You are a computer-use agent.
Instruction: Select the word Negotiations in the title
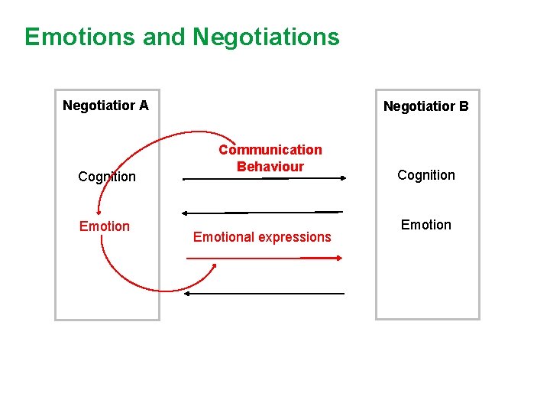click(266, 37)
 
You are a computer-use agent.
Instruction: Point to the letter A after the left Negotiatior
click(144, 106)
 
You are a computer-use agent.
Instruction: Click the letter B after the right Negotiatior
click(464, 106)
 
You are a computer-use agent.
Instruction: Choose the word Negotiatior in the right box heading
click(419, 106)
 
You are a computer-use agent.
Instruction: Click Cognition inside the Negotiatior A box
click(107, 177)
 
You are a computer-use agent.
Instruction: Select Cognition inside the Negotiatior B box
click(426, 175)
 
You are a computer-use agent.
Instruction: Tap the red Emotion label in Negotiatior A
click(105, 226)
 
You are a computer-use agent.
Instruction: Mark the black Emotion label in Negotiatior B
click(426, 225)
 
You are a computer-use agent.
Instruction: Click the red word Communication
click(270, 150)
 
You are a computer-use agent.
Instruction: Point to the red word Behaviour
click(270, 166)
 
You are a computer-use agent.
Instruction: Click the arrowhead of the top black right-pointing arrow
click(342, 179)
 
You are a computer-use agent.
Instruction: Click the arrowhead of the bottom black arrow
click(189, 293)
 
